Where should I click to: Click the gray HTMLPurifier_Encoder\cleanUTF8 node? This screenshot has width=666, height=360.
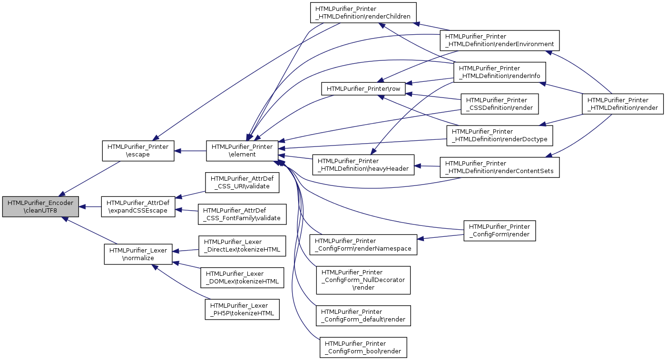[40, 206]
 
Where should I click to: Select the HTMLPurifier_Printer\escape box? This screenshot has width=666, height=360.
[138, 151]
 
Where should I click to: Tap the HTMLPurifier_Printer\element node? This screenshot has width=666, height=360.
[242, 151]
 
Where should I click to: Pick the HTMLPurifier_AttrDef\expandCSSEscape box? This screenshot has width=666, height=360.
[138, 206]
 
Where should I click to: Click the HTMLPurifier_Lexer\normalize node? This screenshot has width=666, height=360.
[138, 254]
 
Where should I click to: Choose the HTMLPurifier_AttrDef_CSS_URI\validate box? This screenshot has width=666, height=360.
[242, 183]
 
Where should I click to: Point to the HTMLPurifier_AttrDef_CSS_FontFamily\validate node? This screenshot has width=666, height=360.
[242, 214]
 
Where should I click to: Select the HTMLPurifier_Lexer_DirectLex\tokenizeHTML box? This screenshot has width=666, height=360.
[242, 246]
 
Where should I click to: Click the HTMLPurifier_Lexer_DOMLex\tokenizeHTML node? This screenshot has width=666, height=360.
[242, 278]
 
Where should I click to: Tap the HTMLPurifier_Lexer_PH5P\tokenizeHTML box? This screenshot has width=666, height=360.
[242, 310]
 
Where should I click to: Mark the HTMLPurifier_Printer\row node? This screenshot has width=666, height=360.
[363, 89]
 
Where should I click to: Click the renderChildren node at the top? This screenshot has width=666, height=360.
[363, 13]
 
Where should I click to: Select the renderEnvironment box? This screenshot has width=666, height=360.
[499, 40]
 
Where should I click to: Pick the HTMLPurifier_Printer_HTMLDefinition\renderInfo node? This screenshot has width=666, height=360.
[499, 72]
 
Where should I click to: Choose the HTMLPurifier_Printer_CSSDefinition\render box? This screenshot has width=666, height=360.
[499, 104]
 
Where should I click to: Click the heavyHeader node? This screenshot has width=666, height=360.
[363, 165]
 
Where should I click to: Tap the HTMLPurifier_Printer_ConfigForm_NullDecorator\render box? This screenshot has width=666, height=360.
[363, 280]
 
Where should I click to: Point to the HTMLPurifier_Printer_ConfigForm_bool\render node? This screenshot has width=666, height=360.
[363, 348]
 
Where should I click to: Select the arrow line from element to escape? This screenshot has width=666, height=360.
[190, 151]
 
